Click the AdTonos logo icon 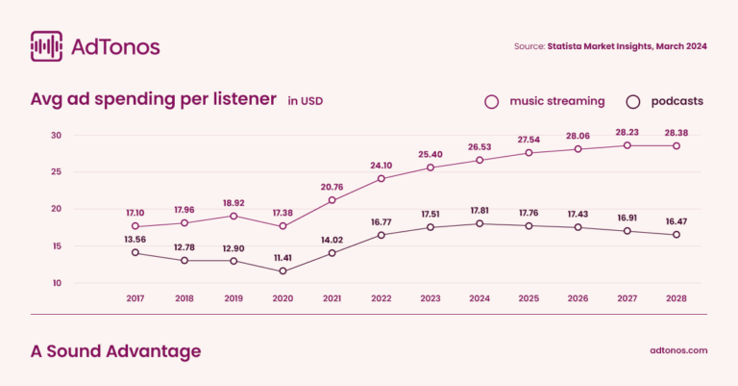pyautogui.click(x=47, y=46)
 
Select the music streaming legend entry pyautogui.click(x=545, y=101)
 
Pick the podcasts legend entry pyautogui.click(x=665, y=101)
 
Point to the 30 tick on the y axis pyautogui.click(x=56, y=135)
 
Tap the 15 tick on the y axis pyautogui.click(x=56, y=245)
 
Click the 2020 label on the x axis pyautogui.click(x=283, y=298)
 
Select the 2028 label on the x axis pyautogui.click(x=676, y=298)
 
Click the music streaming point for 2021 pyautogui.click(x=332, y=200)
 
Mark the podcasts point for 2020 pyautogui.click(x=283, y=271)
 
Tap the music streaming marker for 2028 pyautogui.click(x=676, y=146)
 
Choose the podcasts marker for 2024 pyautogui.click(x=480, y=223)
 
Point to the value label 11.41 pyautogui.click(x=283, y=257)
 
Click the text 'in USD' pyautogui.click(x=306, y=101)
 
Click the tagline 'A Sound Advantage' pyautogui.click(x=116, y=351)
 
